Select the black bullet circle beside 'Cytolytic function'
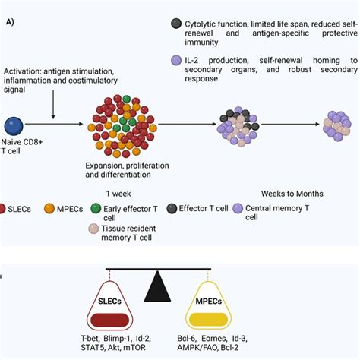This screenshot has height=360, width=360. click(176, 24)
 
